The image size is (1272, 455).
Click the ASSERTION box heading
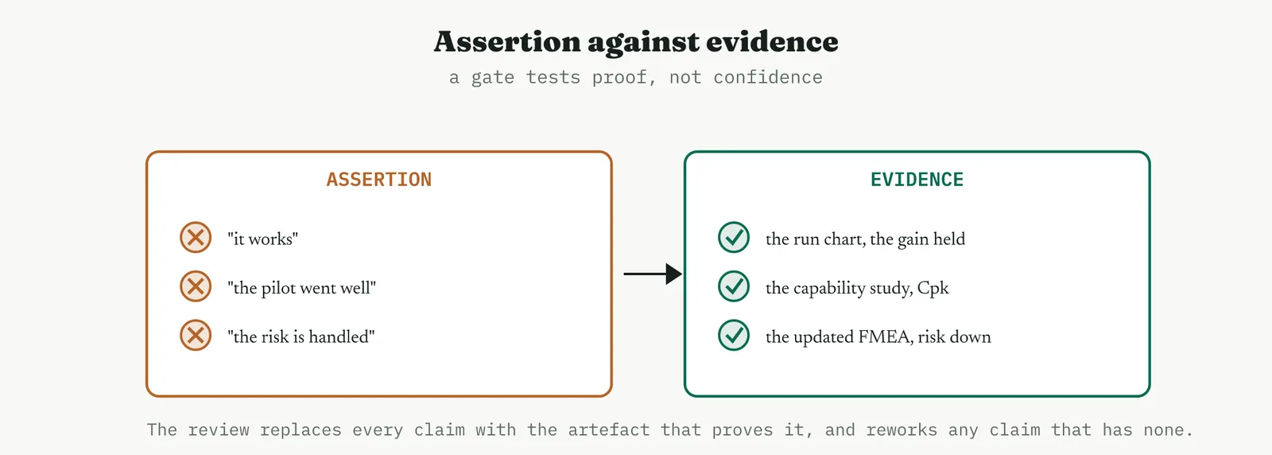coord(378,180)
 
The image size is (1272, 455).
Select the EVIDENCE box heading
coord(917,180)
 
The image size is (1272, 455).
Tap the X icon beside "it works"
coord(196,237)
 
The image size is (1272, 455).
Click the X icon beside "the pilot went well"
coord(196,286)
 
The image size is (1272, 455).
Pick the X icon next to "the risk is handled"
coord(196,335)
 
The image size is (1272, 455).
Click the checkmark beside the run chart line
coord(734,237)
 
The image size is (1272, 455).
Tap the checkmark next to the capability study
coord(734,286)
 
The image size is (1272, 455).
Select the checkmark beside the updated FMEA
coord(734,335)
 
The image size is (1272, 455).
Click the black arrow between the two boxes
coord(653,274)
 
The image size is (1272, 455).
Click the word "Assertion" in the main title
coord(508,41)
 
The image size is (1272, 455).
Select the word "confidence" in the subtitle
coord(768,77)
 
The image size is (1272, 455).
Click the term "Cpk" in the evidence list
coord(933,289)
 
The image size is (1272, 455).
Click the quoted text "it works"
coord(263,239)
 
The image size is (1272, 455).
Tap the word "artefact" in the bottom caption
coord(609,430)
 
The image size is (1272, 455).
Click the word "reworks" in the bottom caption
coord(902,430)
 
